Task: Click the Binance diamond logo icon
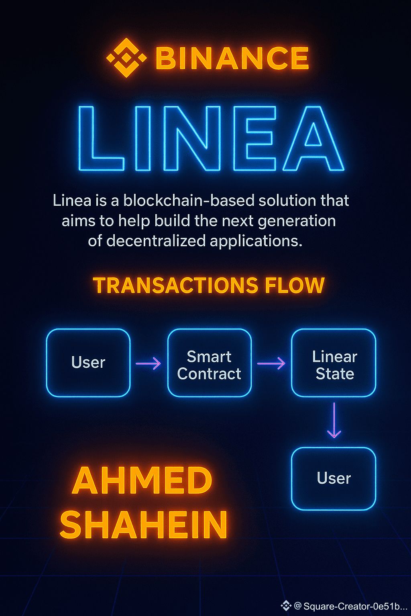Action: click(x=126, y=58)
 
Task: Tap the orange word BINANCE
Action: click(x=232, y=59)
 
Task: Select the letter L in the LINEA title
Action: click(x=100, y=138)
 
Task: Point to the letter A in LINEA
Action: click(x=313, y=138)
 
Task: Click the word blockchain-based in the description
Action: click(x=189, y=201)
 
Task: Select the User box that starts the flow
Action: click(x=88, y=363)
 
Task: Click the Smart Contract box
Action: click(x=209, y=363)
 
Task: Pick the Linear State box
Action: click(x=334, y=363)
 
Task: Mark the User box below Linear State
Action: click(x=334, y=478)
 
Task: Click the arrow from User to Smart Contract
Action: click(x=149, y=364)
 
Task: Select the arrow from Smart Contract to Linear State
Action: click(x=271, y=364)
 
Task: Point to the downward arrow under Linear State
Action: click(x=334, y=420)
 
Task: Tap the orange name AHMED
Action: click(x=142, y=481)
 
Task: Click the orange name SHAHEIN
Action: click(x=144, y=525)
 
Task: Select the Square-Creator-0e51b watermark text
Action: click(x=355, y=606)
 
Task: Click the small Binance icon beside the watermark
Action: click(x=286, y=606)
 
